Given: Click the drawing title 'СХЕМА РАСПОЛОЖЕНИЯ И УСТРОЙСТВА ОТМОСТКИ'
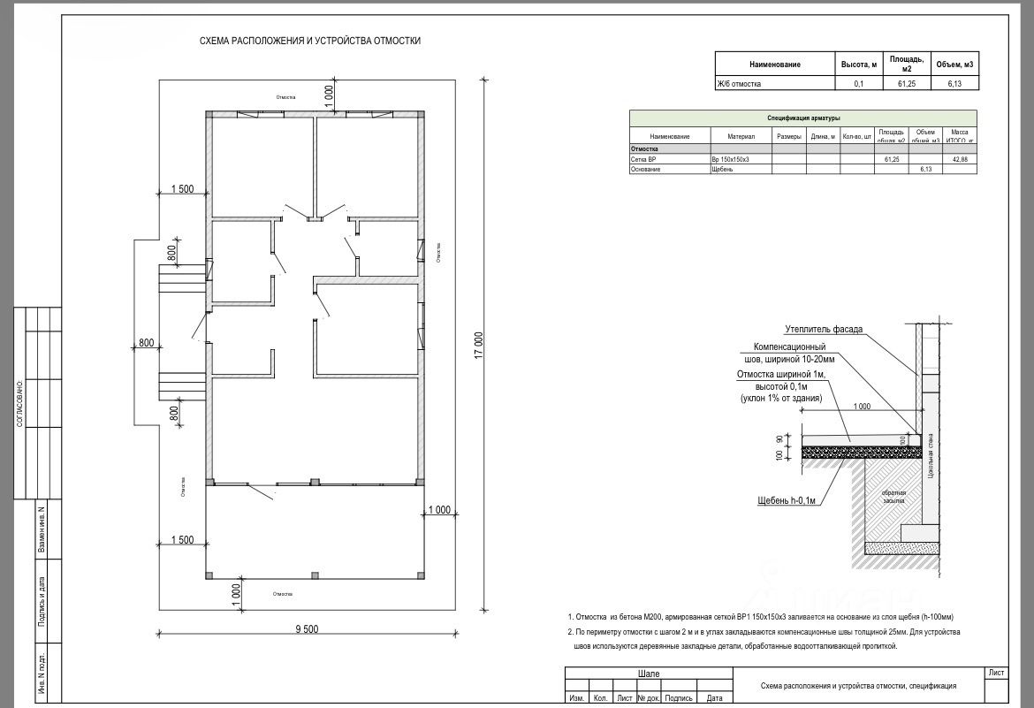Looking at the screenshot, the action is click(310, 41).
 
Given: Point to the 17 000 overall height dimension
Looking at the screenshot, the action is click(478, 345).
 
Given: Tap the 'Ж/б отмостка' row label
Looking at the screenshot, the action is click(739, 84).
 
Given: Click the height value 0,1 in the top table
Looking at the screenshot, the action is click(858, 84).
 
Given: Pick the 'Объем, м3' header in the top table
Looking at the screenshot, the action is click(954, 65).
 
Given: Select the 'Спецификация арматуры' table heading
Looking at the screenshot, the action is click(802, 118).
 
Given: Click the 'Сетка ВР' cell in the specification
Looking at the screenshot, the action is click(643, 159).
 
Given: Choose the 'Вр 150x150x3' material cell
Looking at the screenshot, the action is click(730, 159).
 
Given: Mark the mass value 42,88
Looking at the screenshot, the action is click(959, 159).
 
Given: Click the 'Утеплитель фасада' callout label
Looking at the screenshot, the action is click(824, 330).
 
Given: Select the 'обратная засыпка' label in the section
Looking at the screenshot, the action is click(894, 496).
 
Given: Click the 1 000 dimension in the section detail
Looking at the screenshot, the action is click(862, 407).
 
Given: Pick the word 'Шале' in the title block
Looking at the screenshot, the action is click(649, 674).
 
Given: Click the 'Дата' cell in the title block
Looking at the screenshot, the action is click(715, 698).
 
